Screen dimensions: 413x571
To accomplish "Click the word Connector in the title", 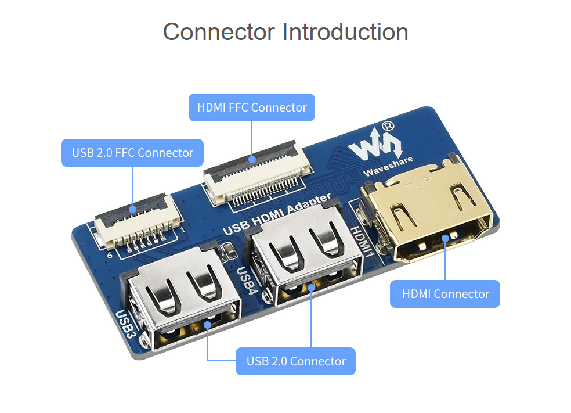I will pos(220,31).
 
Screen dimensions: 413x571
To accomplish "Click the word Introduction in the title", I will pos(346,31).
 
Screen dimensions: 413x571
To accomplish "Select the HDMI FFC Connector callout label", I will pos(252,107).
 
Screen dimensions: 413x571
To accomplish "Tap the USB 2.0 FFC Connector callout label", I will pos(132,153).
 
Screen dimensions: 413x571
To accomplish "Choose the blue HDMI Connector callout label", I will pos(446,294).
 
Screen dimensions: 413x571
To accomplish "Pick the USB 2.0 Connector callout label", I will pos(296,361).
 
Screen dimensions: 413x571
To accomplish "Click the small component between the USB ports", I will pos(229,250).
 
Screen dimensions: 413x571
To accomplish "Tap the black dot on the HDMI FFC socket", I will pos(252,159).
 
